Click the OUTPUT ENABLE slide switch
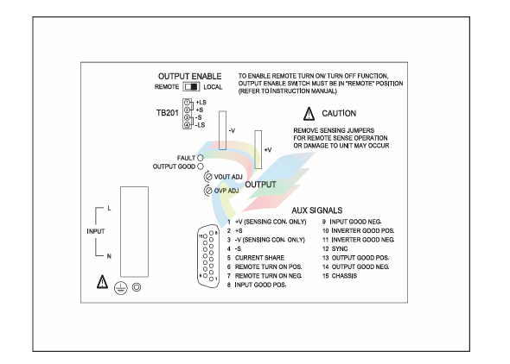pos(191,86)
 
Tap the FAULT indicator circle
pos(201,158)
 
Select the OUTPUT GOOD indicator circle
pos(201,166)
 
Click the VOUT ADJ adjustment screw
pos(207,177)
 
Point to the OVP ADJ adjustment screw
pos(207,191)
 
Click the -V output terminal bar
pos(222,130)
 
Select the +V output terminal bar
pos(258,149)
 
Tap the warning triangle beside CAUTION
pos(309,114)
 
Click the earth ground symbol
pos(121,288)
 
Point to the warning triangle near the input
pos(103,282)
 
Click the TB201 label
pos(167,113)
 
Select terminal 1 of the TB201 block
pos(187,103)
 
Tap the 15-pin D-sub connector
pos(208,256)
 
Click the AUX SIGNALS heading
pos(316,210)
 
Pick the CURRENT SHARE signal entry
pos(259,258)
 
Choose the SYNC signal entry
pos(340,248)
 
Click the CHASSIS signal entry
pos(344,276)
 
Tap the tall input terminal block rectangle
pos(134,232)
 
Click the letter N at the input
pos(109,256)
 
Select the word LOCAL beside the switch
pos(213,87)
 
